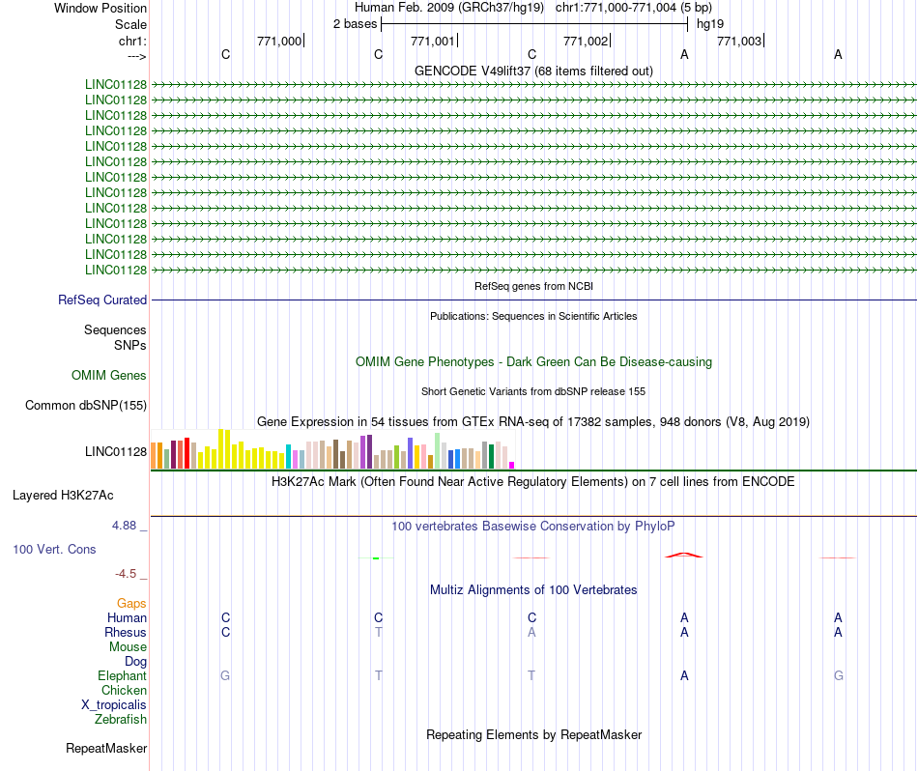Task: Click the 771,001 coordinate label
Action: (x=432, y=41)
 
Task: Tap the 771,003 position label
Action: (x=739, y=41)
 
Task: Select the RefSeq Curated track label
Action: (x=102, y=300)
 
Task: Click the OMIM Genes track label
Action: (x=109, y=376)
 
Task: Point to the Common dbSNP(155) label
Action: (x=86, y=406)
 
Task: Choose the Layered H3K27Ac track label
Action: (x=63, y=496)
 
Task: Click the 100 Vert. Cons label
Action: (x=54, y=550)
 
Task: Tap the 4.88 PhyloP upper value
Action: (x=126, y=526)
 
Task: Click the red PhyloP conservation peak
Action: (x=684, y=555)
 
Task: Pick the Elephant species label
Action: (x=122, y=676)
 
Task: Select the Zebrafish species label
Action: (x=121, y=720)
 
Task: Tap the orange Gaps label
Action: (x=131, y=604)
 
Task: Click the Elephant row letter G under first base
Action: (x=225, y=676)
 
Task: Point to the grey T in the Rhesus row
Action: (x=379, y=633)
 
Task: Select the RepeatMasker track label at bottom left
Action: (x=106, y=749)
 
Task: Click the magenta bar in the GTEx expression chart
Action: (x=512, y=465)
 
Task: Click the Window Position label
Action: (x=100, y=8)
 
